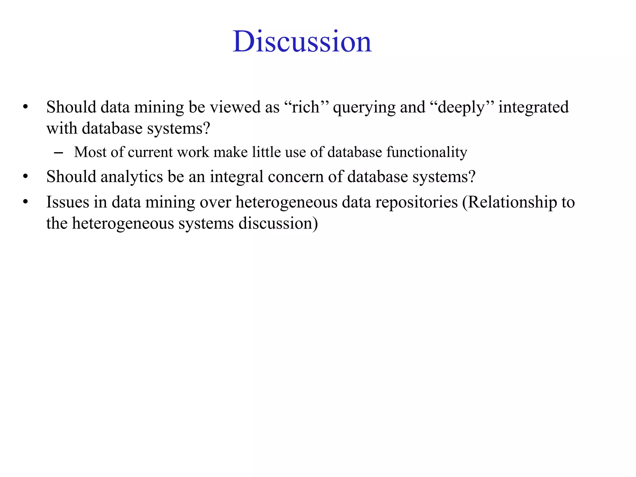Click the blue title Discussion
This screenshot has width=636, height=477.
[302, 42]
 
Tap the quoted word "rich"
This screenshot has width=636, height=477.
[306, 107]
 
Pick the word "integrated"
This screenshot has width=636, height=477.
[534, 107]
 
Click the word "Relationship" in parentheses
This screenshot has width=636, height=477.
[512, 202]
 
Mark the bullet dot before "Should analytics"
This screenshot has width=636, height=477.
[25, 177]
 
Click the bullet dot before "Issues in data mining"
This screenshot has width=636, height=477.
[25, 202]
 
